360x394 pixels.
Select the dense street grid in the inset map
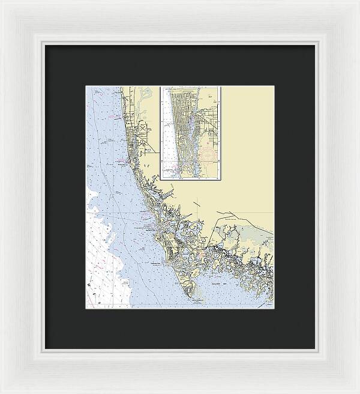(x=181, y=114)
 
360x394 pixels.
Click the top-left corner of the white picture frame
(x=2, y=2)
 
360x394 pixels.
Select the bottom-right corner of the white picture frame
(x=358, y=392)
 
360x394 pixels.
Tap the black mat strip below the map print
(x=180, y=328)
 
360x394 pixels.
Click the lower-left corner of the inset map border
(x=161, y=179)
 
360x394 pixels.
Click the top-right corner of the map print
(x=274, y=86)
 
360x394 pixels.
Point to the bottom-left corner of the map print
(x=86, y=308)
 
